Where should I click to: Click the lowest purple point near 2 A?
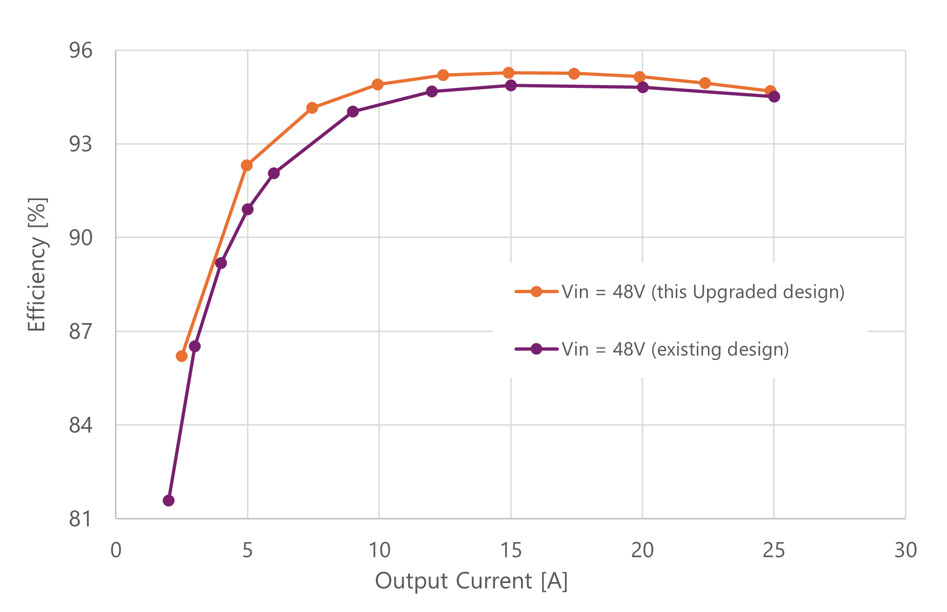tap(169, 501)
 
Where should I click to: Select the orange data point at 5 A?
tap(247, 166)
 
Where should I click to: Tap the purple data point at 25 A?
tap(774, 97)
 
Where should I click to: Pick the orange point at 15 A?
tap(509, 73)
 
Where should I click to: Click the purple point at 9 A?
tap(353, 112)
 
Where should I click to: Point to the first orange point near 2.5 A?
tap(182, 356)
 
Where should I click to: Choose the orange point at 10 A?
tap(378, 85)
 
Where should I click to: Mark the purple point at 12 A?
tap(432, 92)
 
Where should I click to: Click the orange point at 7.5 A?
tap(312, 108)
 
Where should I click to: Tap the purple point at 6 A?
tap(274, 173)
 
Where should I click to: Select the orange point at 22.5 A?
tap(705, 83)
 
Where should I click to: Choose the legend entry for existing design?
tap(675, 349)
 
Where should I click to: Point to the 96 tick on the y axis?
tap(81, 50)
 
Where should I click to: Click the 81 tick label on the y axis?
tap(81, 519)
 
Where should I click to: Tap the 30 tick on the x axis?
tap(905, 550)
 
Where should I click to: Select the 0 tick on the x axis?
tap(116, 550)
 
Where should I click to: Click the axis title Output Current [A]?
tap(471, 581)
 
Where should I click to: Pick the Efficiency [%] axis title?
tap(36, 265)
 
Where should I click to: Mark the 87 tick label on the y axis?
tap(81, 331)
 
